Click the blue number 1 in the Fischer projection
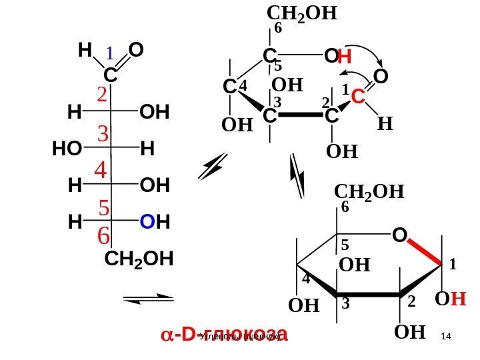[111, 53]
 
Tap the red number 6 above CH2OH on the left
[103, 235]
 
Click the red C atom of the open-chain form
[358, 97]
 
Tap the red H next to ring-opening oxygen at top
[345, 59]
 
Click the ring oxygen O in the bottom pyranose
[399, 236]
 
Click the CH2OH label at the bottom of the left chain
[139, 259]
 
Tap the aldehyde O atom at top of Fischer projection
[137, 51]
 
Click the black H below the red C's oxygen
[385, 124]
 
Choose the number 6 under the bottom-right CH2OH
[345, 208]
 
